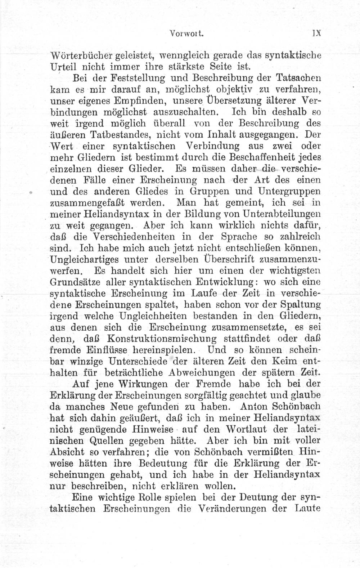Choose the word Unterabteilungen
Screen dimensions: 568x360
pyautogui.click(x=282, y=214)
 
